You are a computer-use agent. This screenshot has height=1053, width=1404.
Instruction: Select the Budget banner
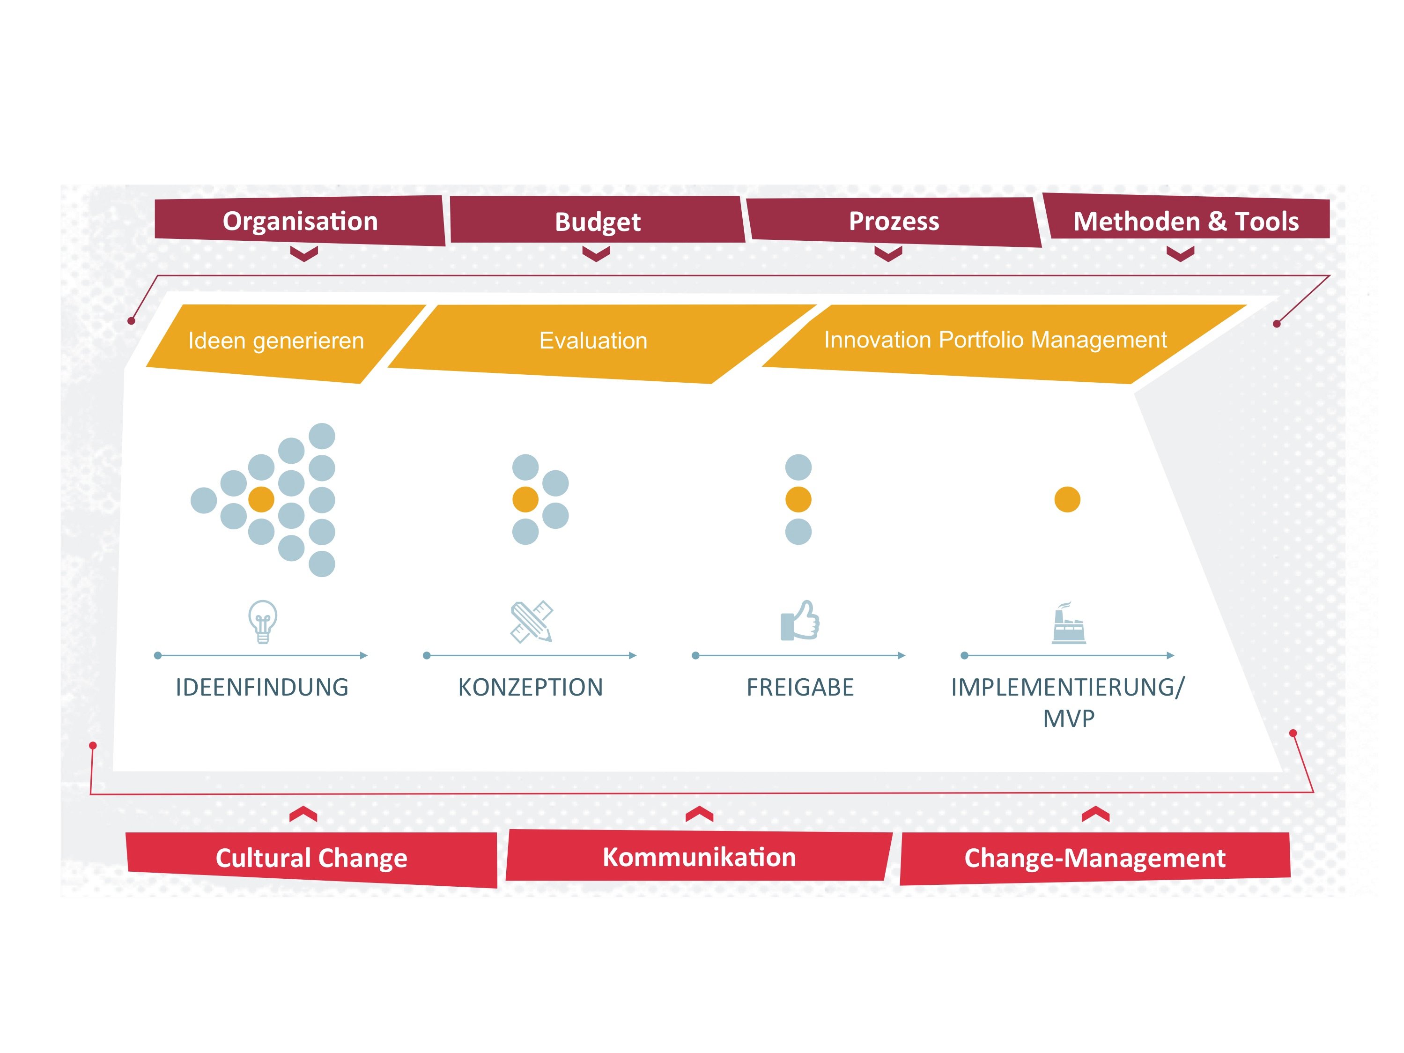click(597, 220)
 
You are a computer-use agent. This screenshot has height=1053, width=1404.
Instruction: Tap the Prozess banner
click(894, 222)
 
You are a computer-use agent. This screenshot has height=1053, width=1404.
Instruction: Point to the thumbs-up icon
click(800, 620)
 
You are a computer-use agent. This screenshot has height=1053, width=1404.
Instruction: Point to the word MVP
click(1069, 719)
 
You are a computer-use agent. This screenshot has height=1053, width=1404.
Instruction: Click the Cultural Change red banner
click(311, 859)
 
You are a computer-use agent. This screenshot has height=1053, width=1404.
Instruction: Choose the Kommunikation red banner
click(699, 856)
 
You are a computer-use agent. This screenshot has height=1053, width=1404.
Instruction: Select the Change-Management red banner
click(1095, 858)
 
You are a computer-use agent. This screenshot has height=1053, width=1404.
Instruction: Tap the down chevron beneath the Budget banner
click(596, 254)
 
